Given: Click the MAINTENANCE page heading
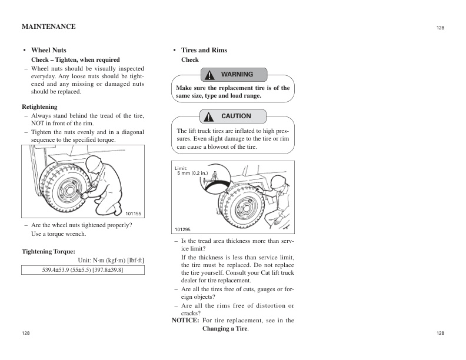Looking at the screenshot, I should [48, 26].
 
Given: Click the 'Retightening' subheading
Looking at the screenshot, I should [39, 107].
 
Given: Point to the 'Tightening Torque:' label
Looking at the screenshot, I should [48, 251].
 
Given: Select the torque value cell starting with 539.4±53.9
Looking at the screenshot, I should [83, 269].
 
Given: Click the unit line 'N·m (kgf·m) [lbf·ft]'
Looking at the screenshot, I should [111, 261].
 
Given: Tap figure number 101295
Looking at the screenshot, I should [182, 229].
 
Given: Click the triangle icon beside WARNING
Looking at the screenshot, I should [209, 75].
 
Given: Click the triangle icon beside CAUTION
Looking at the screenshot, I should [209, 116].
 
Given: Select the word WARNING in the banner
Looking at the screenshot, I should [237, 75].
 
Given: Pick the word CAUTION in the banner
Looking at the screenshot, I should [236, 116].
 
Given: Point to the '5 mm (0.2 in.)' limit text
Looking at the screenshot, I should [193, 174].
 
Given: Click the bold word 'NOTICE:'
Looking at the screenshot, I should [185, 321].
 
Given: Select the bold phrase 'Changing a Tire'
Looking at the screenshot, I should [225, 328].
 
